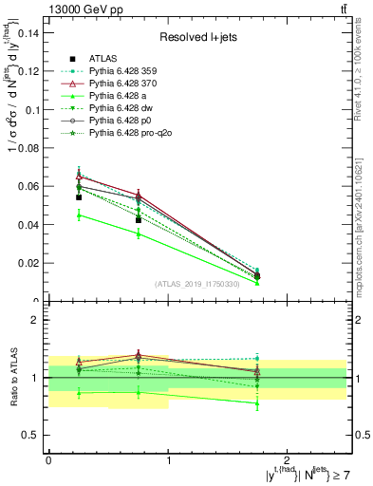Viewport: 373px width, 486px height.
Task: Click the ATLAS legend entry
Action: coord(105,59)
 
